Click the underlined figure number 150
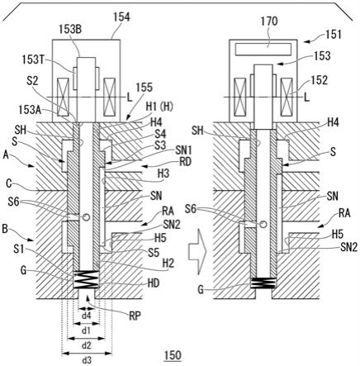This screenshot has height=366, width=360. click(x=173, y=355)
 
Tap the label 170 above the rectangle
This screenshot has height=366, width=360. click(x=268, y=21)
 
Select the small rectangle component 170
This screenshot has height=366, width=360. click(x=263, y=49)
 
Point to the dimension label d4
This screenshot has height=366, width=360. click(x=86, y=316)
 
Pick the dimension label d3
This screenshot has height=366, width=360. click(x=87, y=359)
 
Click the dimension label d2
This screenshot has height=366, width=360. click(x=87, y=345)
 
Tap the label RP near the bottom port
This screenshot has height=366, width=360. click(x=135, y=316)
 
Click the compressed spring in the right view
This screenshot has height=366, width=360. click(x=263, y=283)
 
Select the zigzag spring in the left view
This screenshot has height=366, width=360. click(x=86, y=279)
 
